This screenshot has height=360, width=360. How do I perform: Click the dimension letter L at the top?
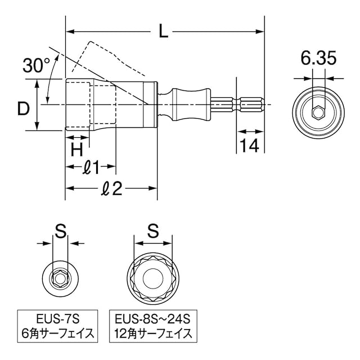(163, 32)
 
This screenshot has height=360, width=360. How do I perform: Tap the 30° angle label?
(37, 65)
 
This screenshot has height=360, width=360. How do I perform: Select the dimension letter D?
(22, 109)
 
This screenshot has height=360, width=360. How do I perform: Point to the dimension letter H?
(77, 149)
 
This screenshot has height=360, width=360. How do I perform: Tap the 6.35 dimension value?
(318, 57)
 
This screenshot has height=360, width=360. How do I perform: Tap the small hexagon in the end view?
(318, 112)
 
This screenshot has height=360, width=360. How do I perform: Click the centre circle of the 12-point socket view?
(152, 277)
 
